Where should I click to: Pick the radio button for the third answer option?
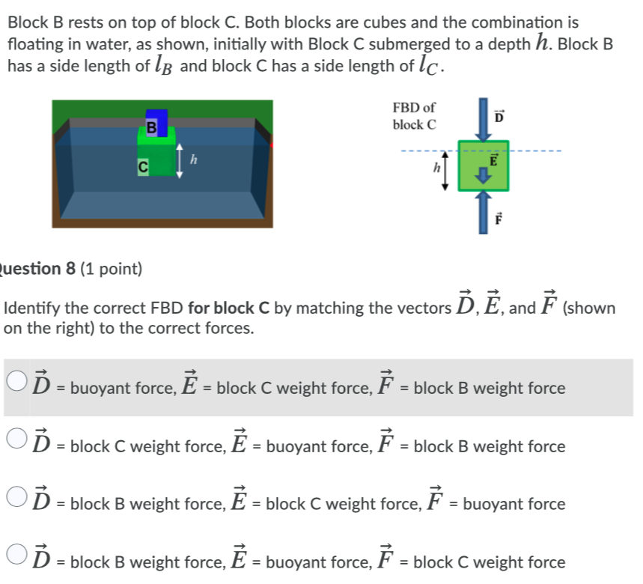click(x=19, y=496)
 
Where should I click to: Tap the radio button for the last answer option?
click(x=19, y=555)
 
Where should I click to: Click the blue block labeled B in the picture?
click(x=159, y=119)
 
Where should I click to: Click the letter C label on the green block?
click(x=141, y=168)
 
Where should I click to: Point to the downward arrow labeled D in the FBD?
click(x=483, y=120)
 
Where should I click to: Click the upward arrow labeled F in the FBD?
click(x=483, y=211)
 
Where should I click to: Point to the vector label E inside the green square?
click(x=493, y=159)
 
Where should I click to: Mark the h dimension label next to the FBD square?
click(x=433, y=169)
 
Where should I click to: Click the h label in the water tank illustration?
click(x=193, y=159)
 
